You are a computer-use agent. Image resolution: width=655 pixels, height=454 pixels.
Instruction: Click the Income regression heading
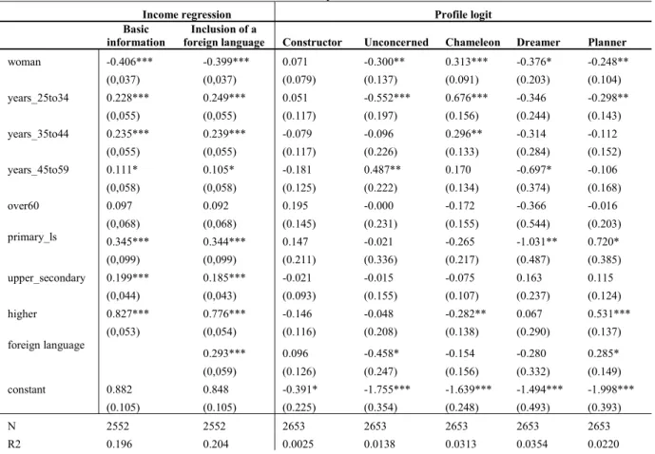[186, 14]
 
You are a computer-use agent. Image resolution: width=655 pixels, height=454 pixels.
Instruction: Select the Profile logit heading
[463, 14]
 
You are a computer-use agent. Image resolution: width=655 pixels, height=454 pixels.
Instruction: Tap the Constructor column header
[312, 42]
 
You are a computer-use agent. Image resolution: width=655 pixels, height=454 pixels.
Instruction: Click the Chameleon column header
[472, 42]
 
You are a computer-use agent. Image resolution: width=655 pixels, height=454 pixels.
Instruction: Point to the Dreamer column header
[538, 42]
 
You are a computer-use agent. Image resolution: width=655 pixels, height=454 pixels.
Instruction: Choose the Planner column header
[607, 42]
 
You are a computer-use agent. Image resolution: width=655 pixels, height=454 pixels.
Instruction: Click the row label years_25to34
[38, 98]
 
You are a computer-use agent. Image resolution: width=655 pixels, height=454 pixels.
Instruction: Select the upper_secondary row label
[47, 278]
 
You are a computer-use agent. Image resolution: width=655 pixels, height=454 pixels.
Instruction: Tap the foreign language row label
[46, 345]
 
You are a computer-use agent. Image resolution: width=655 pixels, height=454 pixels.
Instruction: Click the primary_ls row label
[32, 237]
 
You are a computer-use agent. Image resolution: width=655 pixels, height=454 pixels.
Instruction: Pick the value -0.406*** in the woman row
[129, 62]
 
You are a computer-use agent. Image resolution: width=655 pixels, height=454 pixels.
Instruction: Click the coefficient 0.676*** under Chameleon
[466, 98]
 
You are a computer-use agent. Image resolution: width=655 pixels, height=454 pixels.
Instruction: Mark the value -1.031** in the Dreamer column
[537, 241]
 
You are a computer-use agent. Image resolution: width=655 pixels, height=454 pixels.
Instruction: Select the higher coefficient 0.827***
[127, 313]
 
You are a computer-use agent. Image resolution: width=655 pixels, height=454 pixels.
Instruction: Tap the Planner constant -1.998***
[610, 389]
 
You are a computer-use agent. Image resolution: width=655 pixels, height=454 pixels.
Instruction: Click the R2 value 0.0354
[531, 444]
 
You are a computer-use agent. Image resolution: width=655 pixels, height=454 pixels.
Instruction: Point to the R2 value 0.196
[119, 444]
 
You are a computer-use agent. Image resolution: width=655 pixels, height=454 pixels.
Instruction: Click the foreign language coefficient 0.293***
[224, 353]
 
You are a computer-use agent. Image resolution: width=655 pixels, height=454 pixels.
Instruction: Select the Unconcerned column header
[396, 42]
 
